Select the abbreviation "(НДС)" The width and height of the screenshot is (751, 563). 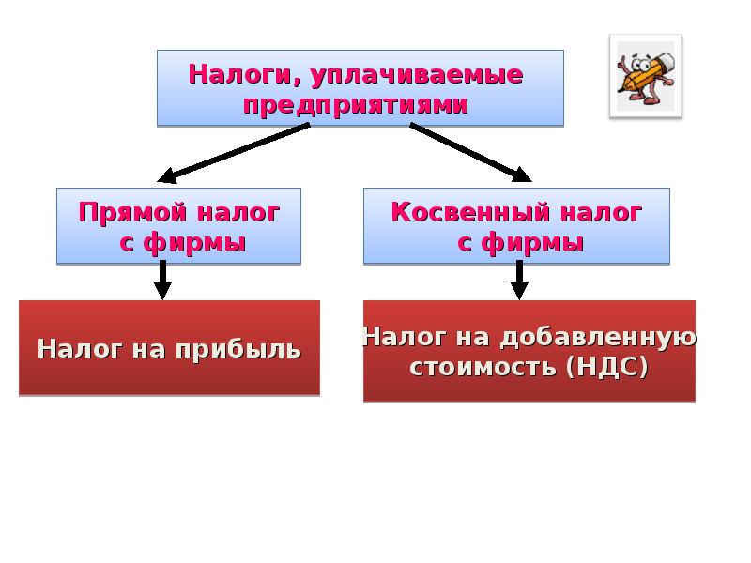[x=607, y=366]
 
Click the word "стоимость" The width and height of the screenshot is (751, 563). [x=483, y=366]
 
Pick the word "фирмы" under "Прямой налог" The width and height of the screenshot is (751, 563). [x=196, y=243]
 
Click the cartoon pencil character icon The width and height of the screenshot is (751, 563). [x=644, y=75]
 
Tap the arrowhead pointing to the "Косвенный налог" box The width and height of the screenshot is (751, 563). [x=519, y=174]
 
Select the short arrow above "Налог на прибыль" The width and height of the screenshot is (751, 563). [x=162, y=281]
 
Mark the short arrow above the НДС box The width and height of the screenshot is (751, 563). [x=519, y=281]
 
